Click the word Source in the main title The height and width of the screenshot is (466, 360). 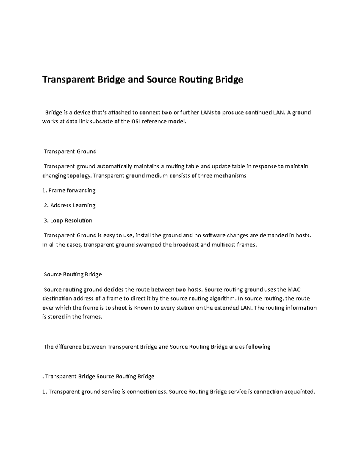[161, 80]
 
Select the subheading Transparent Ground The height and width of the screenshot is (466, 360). [70, 152]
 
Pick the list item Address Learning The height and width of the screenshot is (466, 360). [73, 206]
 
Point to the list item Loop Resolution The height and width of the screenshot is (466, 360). [71, 221]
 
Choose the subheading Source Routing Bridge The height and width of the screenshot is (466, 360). [73, 274]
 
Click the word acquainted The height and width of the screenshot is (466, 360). [300, 392]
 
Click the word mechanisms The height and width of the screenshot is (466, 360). [231, 176]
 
